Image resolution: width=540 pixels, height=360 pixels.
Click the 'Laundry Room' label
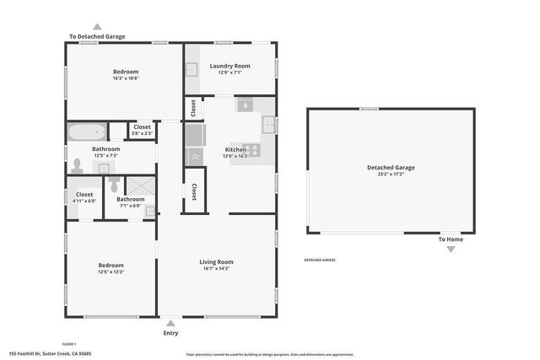click(x=230, y=66)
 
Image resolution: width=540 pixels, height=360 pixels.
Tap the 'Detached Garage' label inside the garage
click(x=390, y=168)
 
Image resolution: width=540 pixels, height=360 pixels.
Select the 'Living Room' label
click(x=216, y=261)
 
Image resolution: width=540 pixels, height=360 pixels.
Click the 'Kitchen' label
click(x=235, y=149)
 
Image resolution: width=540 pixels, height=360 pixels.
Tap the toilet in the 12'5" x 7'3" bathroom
click(x=77, y=165)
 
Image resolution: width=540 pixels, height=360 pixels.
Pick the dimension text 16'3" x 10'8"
click(x=126, y=79)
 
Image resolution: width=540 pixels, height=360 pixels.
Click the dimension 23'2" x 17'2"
click(x=390, y=175)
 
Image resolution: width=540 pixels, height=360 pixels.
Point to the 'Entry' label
click(x=170, y=333)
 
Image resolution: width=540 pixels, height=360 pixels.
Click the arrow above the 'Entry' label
click(x=170, y=322)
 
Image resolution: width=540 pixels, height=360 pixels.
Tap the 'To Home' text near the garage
click(x=450, y=239)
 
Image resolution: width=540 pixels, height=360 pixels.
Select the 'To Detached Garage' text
click(x=97, y=36)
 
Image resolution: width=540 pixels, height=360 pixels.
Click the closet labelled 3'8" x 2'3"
click(x=143, y=130)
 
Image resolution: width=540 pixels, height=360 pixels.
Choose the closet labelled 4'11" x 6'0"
click(x=84, y=197)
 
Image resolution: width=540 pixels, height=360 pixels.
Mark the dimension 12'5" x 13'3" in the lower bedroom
click(x=111, y=271)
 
